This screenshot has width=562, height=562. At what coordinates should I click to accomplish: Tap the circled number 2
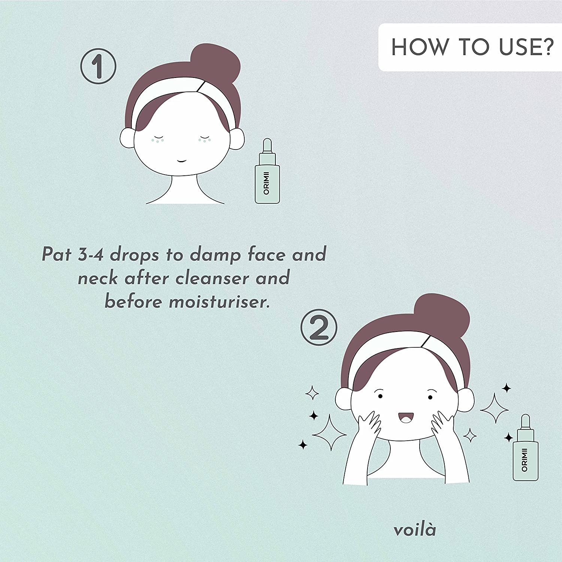[x=319, y=327]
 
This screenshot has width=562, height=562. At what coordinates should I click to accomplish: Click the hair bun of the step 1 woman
[x=215, y=62]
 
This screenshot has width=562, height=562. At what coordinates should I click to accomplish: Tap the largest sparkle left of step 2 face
[x=329, y=433]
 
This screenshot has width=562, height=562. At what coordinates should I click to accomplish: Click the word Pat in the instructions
[x=57, y=255]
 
